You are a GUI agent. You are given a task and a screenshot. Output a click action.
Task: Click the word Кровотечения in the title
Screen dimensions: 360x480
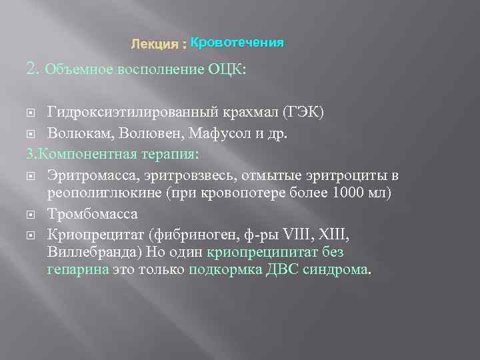pyautogui.click(x=237, y=43)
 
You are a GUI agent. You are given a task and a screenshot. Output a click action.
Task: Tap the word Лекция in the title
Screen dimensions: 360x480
pyautogui.click(x=154, y=44)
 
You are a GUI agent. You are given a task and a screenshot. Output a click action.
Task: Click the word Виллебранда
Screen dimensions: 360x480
pyautogui.click(x=88, y=253)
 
